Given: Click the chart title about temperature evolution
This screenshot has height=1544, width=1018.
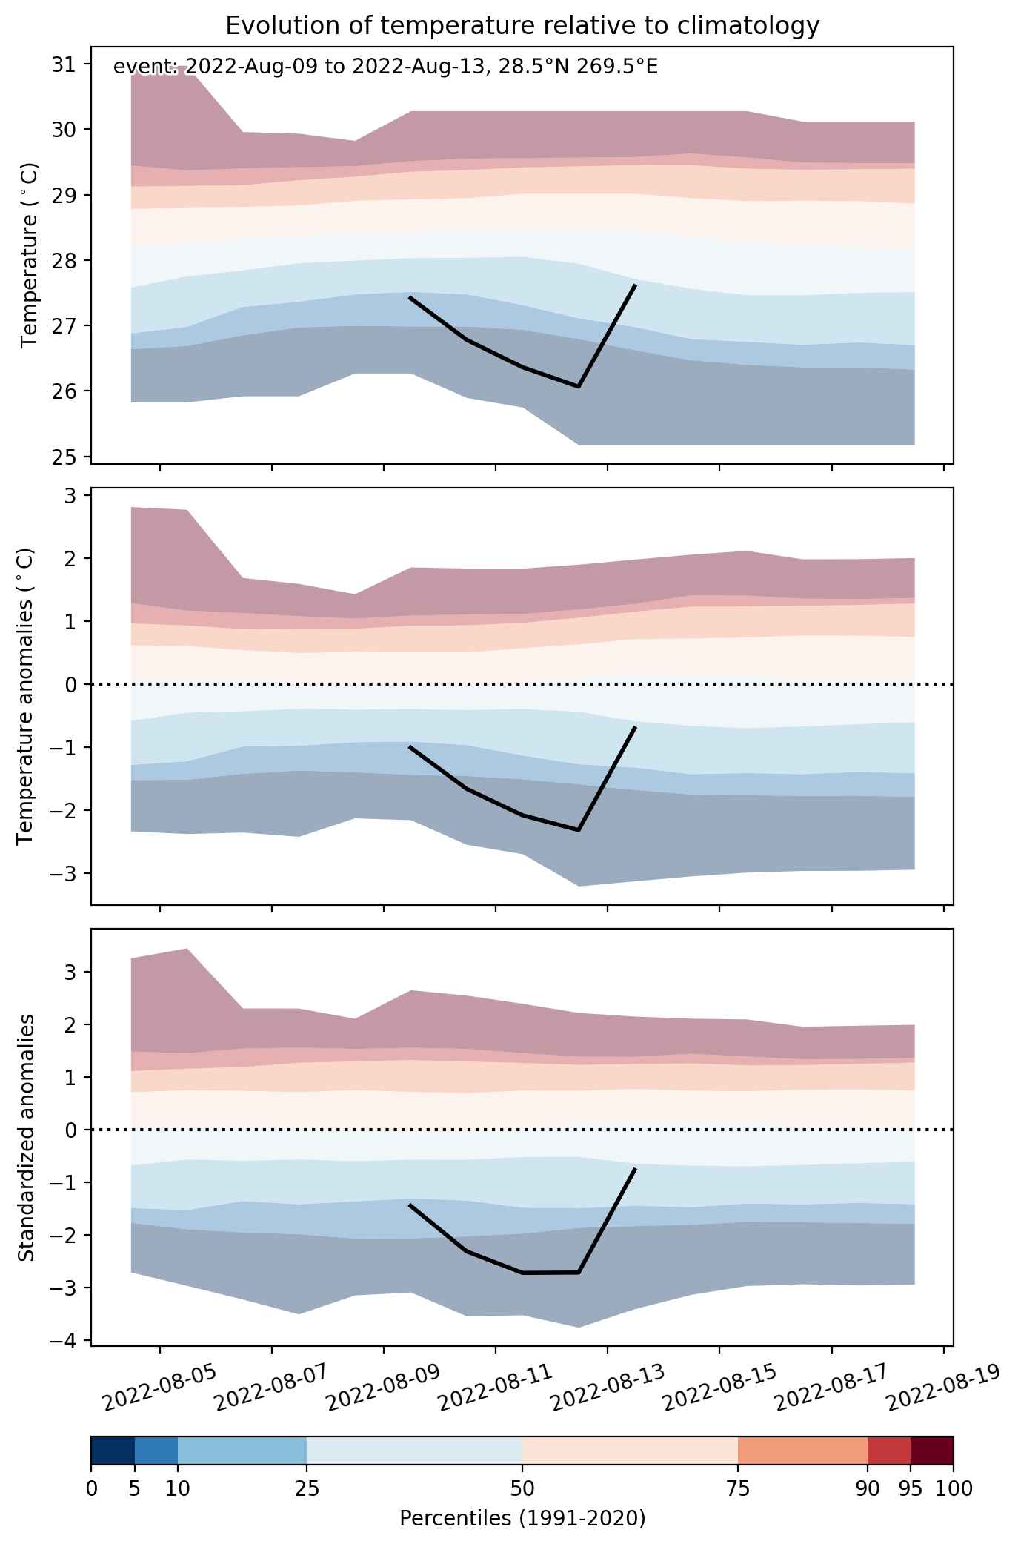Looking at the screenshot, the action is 522,26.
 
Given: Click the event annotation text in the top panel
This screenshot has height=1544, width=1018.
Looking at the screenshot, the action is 385,67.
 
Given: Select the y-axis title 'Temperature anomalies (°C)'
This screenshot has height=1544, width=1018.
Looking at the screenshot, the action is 27,696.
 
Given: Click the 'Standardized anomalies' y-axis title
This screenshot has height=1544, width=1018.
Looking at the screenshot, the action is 27,1137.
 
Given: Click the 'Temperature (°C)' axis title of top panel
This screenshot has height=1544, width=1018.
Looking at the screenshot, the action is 30,256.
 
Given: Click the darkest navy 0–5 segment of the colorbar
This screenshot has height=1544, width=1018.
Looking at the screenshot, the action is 113,1451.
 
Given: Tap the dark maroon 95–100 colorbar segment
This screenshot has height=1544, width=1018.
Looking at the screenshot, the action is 932,1451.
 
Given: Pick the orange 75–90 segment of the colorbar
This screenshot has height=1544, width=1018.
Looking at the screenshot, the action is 802,1451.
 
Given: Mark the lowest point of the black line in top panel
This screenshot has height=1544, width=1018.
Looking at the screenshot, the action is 579,387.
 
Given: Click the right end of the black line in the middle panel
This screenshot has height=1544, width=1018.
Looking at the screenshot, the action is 636,727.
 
